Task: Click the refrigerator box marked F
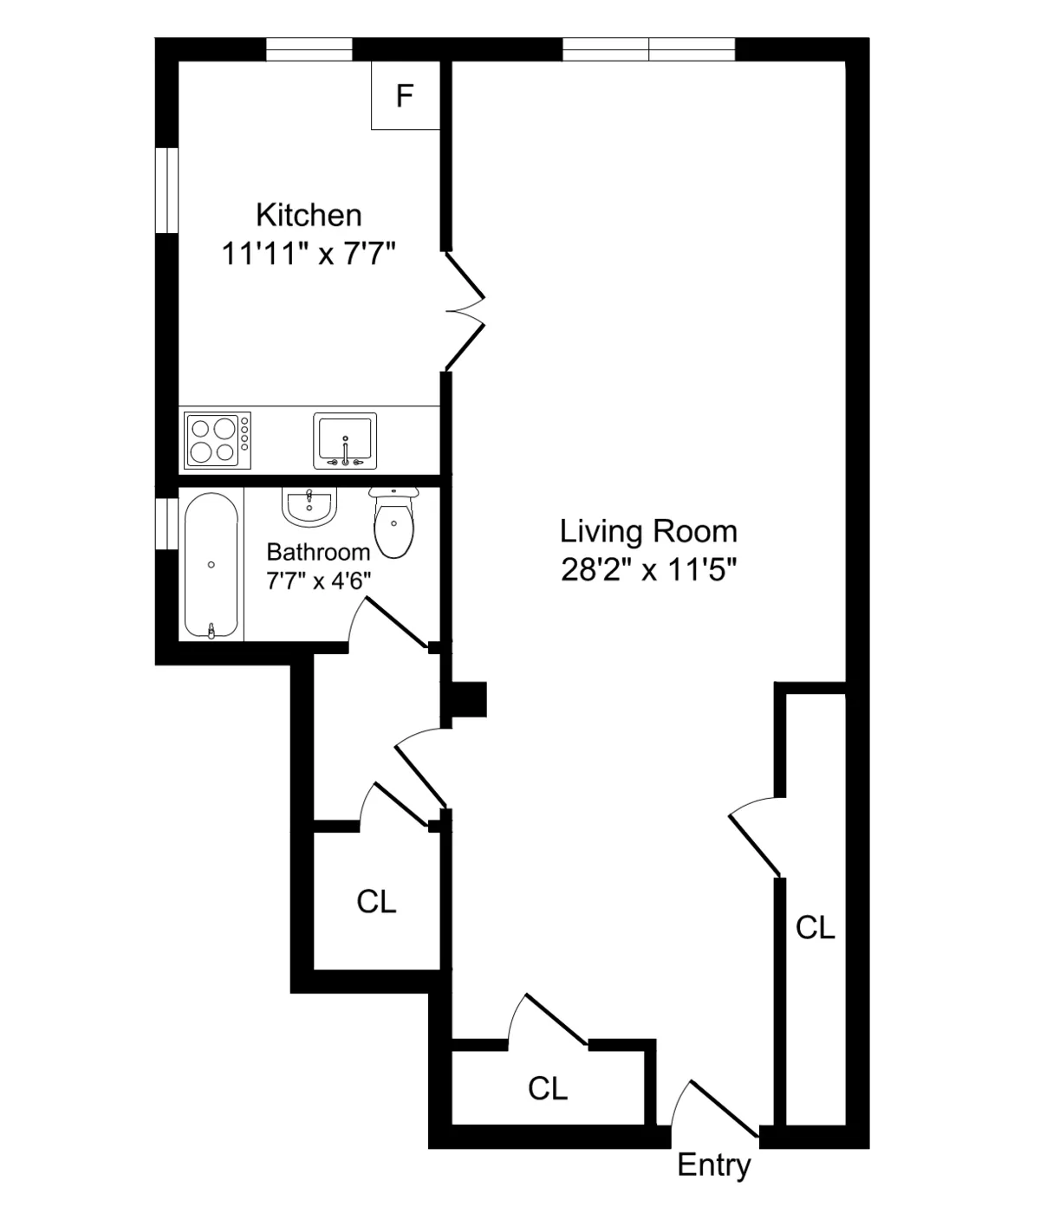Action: pos(405,95)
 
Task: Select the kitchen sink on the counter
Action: pos(345,440)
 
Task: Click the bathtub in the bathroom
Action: pos(211,566)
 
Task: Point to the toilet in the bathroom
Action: pos(394,523)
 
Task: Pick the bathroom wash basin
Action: pos(309,505)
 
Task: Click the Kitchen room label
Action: pos(309,215)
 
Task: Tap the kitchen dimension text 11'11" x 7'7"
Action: pos(309,255)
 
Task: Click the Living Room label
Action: pos(648,531)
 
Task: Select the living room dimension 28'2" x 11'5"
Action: pos(648,571)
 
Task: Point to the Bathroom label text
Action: pos(318,552)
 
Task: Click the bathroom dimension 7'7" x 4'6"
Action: pos(318,581)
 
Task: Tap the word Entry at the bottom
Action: pos(713,1165)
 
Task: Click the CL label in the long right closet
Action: pos(816,928)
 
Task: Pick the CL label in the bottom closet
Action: pos(548,1088)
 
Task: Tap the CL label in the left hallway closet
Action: pos(376,902)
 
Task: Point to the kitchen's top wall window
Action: pos(309,49)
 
